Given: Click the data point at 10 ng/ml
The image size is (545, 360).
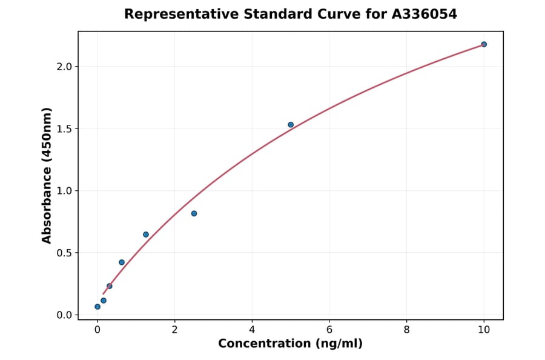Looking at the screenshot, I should coord(484,44).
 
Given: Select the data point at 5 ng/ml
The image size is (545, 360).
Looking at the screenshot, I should coord(291,125).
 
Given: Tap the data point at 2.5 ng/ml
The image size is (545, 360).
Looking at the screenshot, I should coord(194,213).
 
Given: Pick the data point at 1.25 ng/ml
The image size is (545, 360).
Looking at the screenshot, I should coord(146,235).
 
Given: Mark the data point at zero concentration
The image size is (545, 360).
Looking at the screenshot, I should coord(97,307).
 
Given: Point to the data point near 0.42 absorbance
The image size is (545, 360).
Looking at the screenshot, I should coord(122,262).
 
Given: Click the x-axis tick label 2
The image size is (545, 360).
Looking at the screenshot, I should coord(174,330).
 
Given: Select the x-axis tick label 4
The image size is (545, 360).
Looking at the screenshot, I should coord(252,330).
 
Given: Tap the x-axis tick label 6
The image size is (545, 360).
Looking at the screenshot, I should coord(329,330).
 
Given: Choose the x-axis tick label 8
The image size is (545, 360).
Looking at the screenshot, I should coord(406,330).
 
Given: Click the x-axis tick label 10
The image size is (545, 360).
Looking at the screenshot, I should coord(484,330).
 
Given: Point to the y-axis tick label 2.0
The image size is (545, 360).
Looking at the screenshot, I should coord(64,67).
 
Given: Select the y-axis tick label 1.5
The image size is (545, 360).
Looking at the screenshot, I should coord(64,129).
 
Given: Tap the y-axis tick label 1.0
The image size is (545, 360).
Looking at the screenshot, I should coord(64,191).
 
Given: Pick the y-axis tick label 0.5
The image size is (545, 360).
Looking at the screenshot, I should coord(64,253).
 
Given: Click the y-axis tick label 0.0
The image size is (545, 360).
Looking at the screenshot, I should coord(64,315).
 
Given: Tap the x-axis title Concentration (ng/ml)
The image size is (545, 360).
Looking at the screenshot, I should coord(290,344).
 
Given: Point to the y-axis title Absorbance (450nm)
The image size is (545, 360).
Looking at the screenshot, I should coord(47,175).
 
